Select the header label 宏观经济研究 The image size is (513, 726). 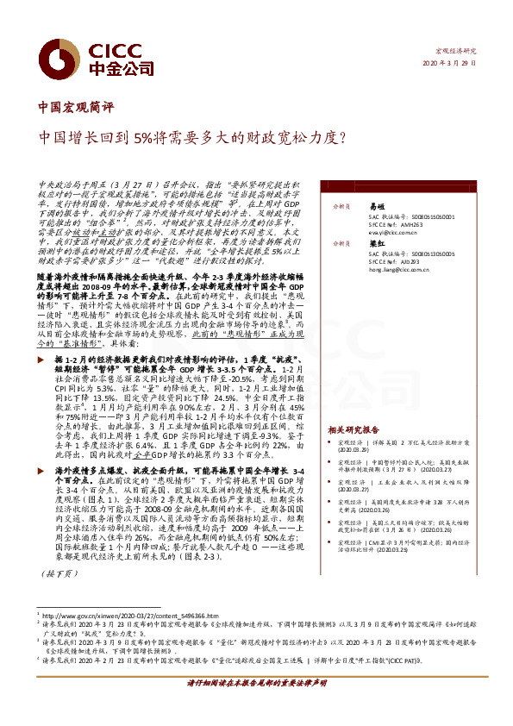[455, 52]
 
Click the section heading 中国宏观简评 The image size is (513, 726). [77, 108]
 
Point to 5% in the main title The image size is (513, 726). [147, 136]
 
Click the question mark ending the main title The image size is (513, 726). [341, 136]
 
